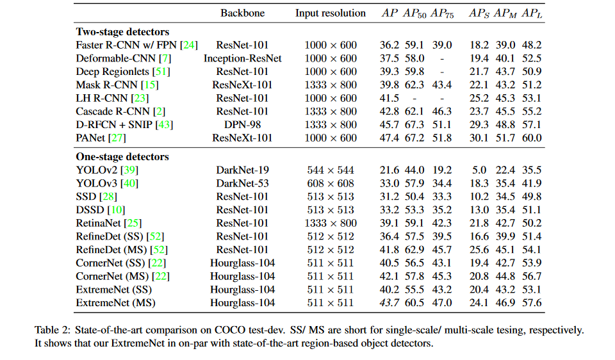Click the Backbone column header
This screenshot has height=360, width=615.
(x=242, y=13)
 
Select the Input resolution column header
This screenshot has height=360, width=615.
(x=331, y=13)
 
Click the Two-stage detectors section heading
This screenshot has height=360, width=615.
(x=122, y=31)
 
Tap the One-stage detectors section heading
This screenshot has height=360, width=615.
(x=122, y=157)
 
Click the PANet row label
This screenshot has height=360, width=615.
(x=91, y=138)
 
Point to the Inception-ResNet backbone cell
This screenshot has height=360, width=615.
(x=242, y=58)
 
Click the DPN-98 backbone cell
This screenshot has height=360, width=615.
(x=242, y=125)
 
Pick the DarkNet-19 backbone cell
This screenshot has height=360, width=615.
(x=242, y=170)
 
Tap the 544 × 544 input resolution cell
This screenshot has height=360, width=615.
(x=331, y=170)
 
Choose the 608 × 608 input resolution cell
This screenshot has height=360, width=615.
(x=331, y=184)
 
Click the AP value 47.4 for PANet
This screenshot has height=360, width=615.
(x=389, y=138)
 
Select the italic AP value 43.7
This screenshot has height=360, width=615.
(x=389, y=303)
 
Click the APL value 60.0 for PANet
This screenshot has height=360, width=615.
(x=532, y=138)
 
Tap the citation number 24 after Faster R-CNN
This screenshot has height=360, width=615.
(x=190, y=45)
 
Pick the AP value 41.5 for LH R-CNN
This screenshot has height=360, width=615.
(x=389, y=98)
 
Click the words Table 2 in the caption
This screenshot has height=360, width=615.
(x=53, y=331)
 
